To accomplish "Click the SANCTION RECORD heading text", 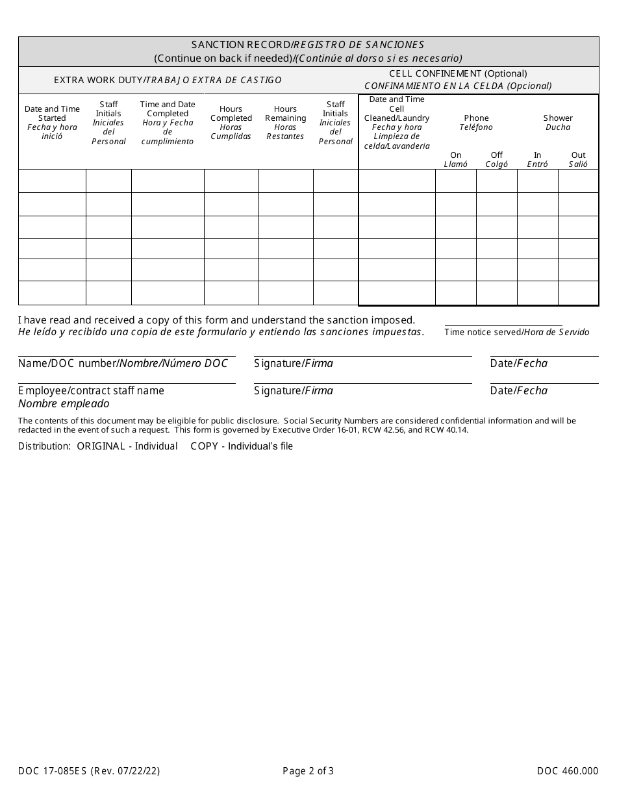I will [308, 45].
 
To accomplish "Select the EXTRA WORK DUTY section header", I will [168, 80].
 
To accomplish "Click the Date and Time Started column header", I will [52, 122].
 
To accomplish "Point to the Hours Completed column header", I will [231, 122].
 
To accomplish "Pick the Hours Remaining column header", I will [285, 122].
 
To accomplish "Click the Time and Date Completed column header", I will [168, 122].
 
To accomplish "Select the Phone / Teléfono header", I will [476, 122].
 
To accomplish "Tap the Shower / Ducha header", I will [558, 122].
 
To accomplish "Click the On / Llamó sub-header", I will [455, 160].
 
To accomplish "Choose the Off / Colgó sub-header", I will [497, 160].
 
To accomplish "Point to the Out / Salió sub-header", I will [578, 160].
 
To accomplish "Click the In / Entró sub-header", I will [537, 160].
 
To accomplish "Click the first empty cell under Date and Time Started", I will [52, 181].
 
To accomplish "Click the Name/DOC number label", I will [123, 363].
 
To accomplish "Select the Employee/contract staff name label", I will [91, 390].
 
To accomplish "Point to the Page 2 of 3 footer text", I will [308, 772].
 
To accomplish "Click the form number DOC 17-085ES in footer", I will [89, 772].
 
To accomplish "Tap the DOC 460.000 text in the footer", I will [567, 772].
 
